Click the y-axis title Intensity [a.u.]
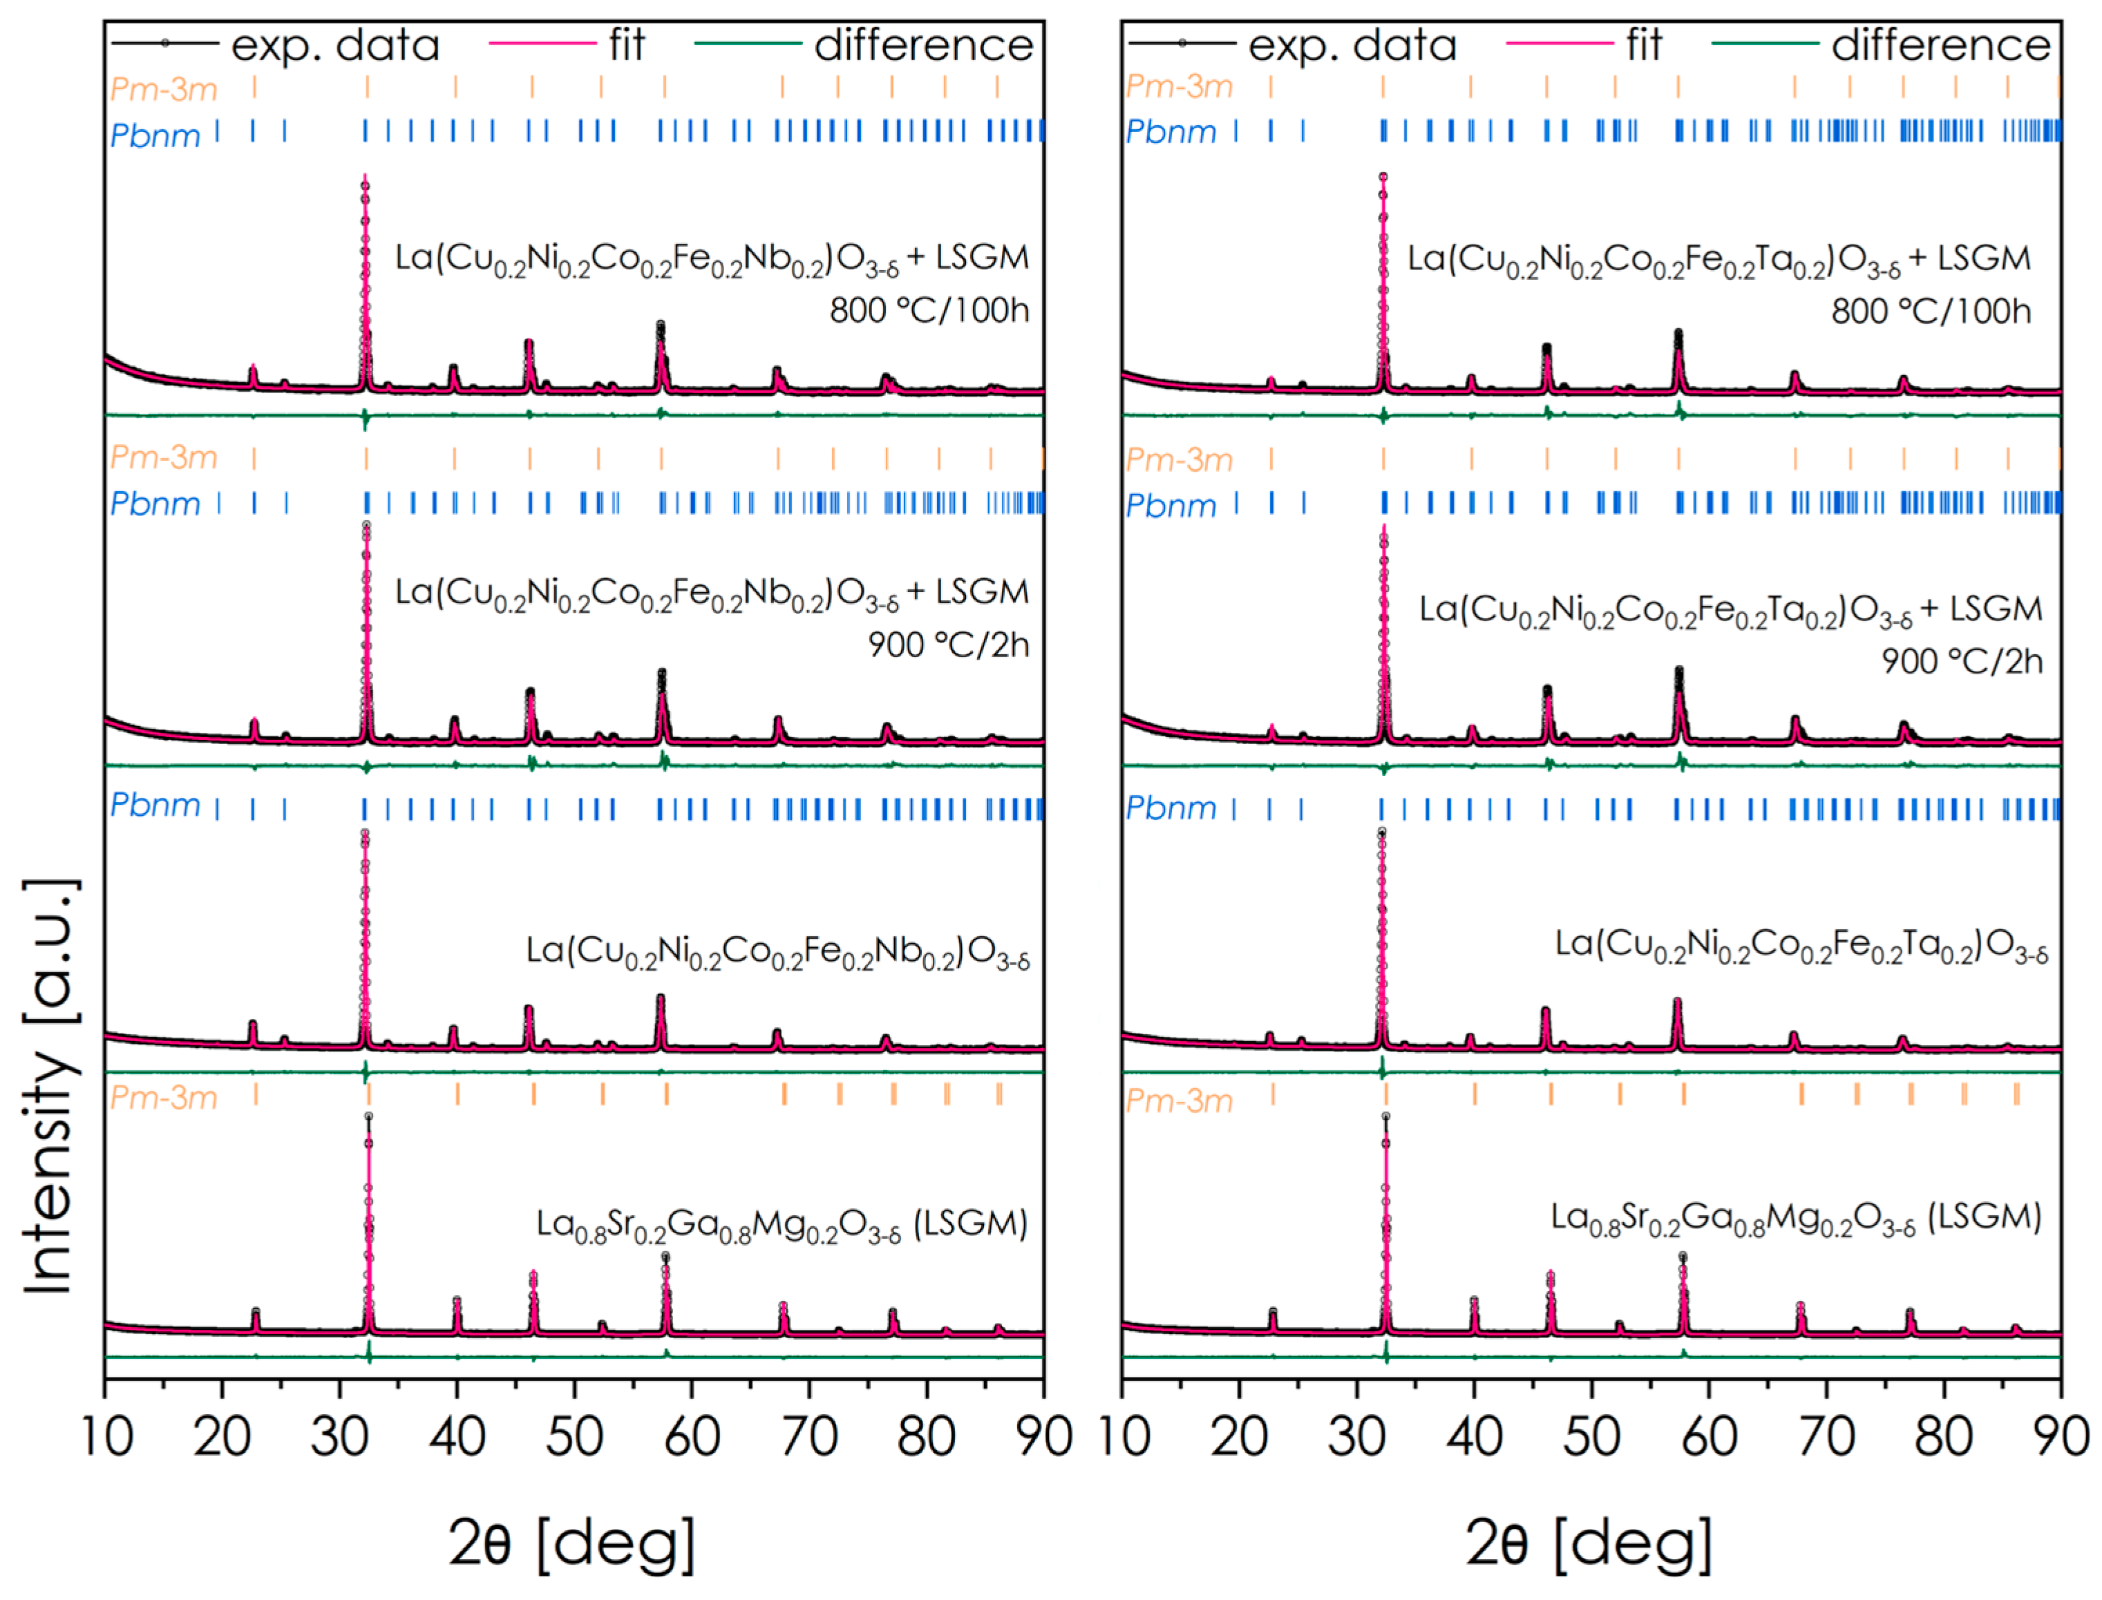pyautogui.click(x=50, y=1086)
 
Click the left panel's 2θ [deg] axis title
pyautogui.click(x=572, y=1542)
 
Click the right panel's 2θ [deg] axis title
pyautogui.click(x=1589, y=1542)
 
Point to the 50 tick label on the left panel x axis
pyautogui.click(x=574, y=1437)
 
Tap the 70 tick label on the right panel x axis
pyautogui.click(x=1826, y=1437)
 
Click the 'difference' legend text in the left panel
pyautogui.click(x=923, y=45)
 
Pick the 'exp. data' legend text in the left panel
pyautogui.click(x=335, y=45)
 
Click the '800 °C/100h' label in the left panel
pyautogui.click(x=929, y=310)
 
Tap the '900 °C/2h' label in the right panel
pyautogui.click(x=1961, y=661)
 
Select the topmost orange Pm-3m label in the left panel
pyautogui.click(x=163, y=90)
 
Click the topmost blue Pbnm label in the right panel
pyautogui.click(x=1171, y=133)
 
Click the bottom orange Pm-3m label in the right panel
pyautogui.click(x=1178, y=1102)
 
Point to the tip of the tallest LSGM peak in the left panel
pyautogui.click(x=368, y=1116)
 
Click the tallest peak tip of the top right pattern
pyautogui.click(x=1383, y=177)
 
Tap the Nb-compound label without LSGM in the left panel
pyautogui.click(x=777, y=953)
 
